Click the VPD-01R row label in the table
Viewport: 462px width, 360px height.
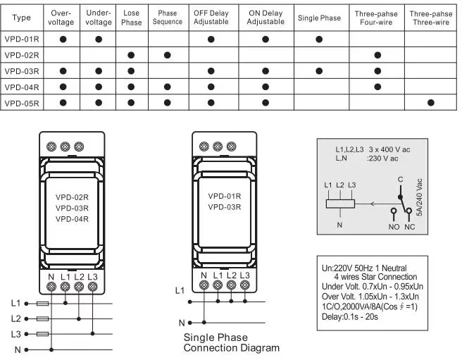tap(22, 39)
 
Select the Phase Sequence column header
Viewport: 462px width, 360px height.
tap(168, 18)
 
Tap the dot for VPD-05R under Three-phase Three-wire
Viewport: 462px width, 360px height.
tap(431, 103)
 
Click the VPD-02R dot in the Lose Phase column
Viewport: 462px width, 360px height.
tap(131, 55)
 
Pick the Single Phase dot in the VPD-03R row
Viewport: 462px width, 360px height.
tap(319, 71)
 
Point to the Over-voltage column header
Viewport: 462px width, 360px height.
tap(61, 18)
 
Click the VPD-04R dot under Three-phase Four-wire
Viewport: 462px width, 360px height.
tap(377, 87)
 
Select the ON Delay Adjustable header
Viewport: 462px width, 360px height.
tap(266, 18)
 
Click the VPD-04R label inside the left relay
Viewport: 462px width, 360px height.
tap(72, 219)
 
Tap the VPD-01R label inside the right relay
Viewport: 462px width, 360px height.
tap(225, 196)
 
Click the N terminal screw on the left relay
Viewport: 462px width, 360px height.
tap(51, 287)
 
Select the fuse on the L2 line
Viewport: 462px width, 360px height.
tap(42, 318)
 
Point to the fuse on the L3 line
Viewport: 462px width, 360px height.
tap(42, 334)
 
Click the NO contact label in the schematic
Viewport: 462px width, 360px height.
tap(394, 227)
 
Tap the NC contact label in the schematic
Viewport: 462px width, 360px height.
tap(410, 227)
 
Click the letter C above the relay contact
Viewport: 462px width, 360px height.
tap(400, 180)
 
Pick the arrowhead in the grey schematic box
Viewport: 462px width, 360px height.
tap(373, 204)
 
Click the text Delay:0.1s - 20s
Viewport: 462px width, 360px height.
tap(350, 317)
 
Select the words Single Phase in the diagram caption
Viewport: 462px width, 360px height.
tap(216, 337)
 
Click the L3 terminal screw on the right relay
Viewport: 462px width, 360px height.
tap(245, 285)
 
